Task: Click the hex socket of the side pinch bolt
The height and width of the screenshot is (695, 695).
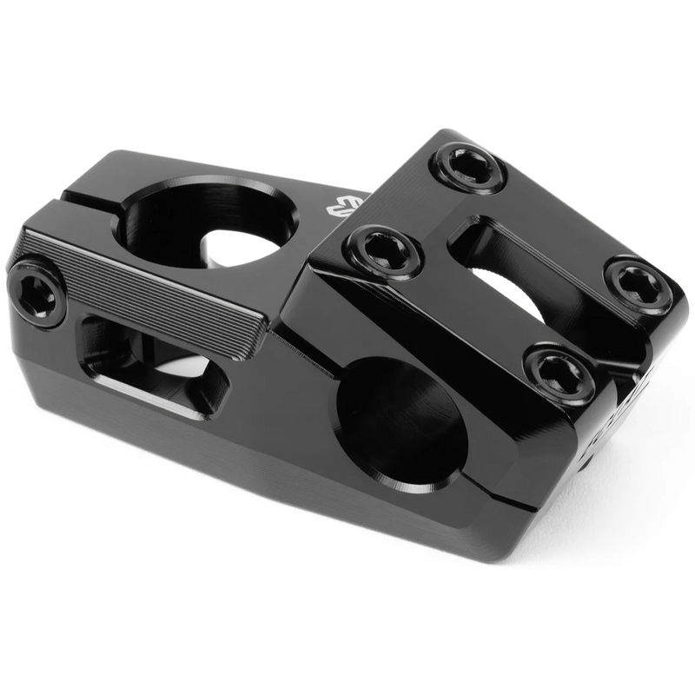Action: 36,293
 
